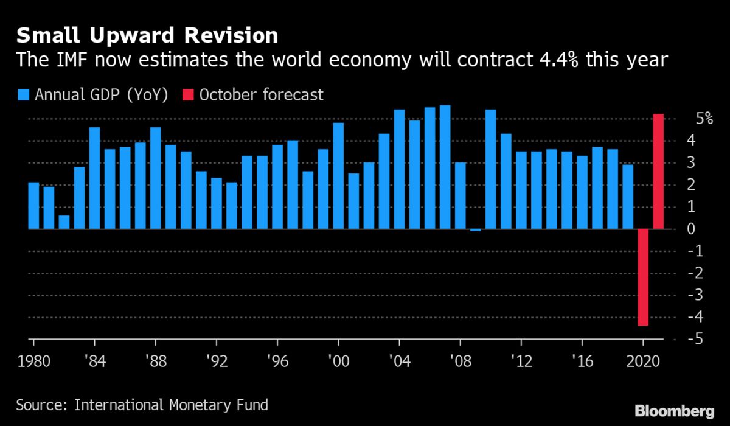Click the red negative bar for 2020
tap(642, 278)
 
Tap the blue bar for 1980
tap(33, 206)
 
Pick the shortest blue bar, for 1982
tap(64, 222)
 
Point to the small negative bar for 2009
tap(475, 230)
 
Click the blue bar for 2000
tap(338, 176)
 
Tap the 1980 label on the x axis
tap(34, 360)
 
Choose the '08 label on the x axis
tap(459, 360)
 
